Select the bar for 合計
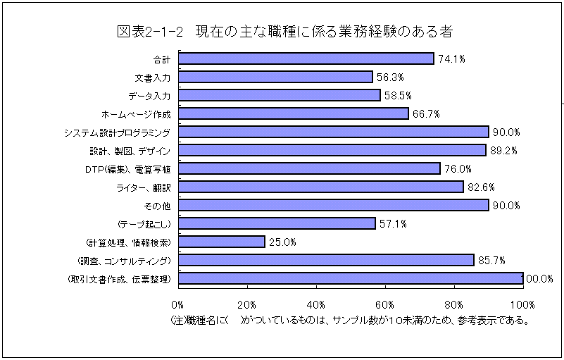click(x=306, y=58)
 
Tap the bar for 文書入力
click(x=275, y=77)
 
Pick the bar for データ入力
click(x=279, y=95)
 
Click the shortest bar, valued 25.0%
click(x=221, y=242)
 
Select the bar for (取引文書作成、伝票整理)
click(x=350, y=278)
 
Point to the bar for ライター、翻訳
click(x=320, y=187)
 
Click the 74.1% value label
click(x=451, y=59)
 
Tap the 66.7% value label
click(x=426, y=114)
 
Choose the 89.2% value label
click(x=503, y=151)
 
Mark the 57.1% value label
click(x=393, y=224)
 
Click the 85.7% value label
click(x=491, y=261)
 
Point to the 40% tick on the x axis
click(x=316, y=304)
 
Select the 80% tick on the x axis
click(x=454, y=304)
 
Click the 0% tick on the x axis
click(x=177, y=304)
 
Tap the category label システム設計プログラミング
click(x=117, y=132)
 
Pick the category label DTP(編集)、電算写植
click(x=123, y=168)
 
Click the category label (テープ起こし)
click(x=144, y=223)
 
